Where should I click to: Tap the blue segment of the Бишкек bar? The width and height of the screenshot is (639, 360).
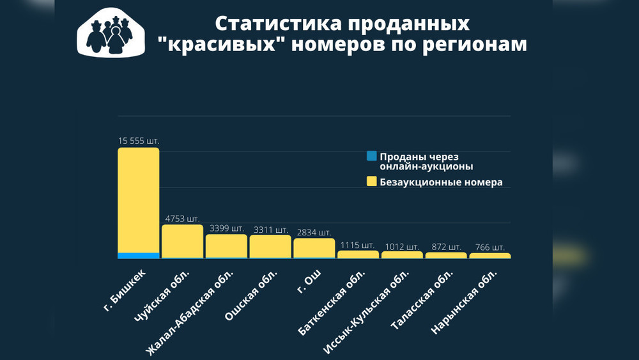click(138, 256)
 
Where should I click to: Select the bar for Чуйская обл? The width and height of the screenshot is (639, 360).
click(182, 241)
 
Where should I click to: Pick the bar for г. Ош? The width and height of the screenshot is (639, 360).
click(314, 248)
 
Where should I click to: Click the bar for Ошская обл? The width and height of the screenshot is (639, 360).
click(270, 246)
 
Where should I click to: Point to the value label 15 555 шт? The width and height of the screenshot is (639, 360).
click(139, 141)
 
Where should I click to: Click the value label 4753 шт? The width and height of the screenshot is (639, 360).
click(183, 218)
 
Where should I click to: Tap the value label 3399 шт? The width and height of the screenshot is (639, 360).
click(226, 228)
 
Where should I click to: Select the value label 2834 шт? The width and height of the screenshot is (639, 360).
click(314, 231)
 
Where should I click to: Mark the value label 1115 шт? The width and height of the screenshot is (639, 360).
click(357, 245)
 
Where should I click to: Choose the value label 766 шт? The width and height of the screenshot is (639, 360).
click(489, 247)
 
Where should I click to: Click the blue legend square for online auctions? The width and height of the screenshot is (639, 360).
click(371, 156)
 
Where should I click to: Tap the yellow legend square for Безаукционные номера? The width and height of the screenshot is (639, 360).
click(371, 182)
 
